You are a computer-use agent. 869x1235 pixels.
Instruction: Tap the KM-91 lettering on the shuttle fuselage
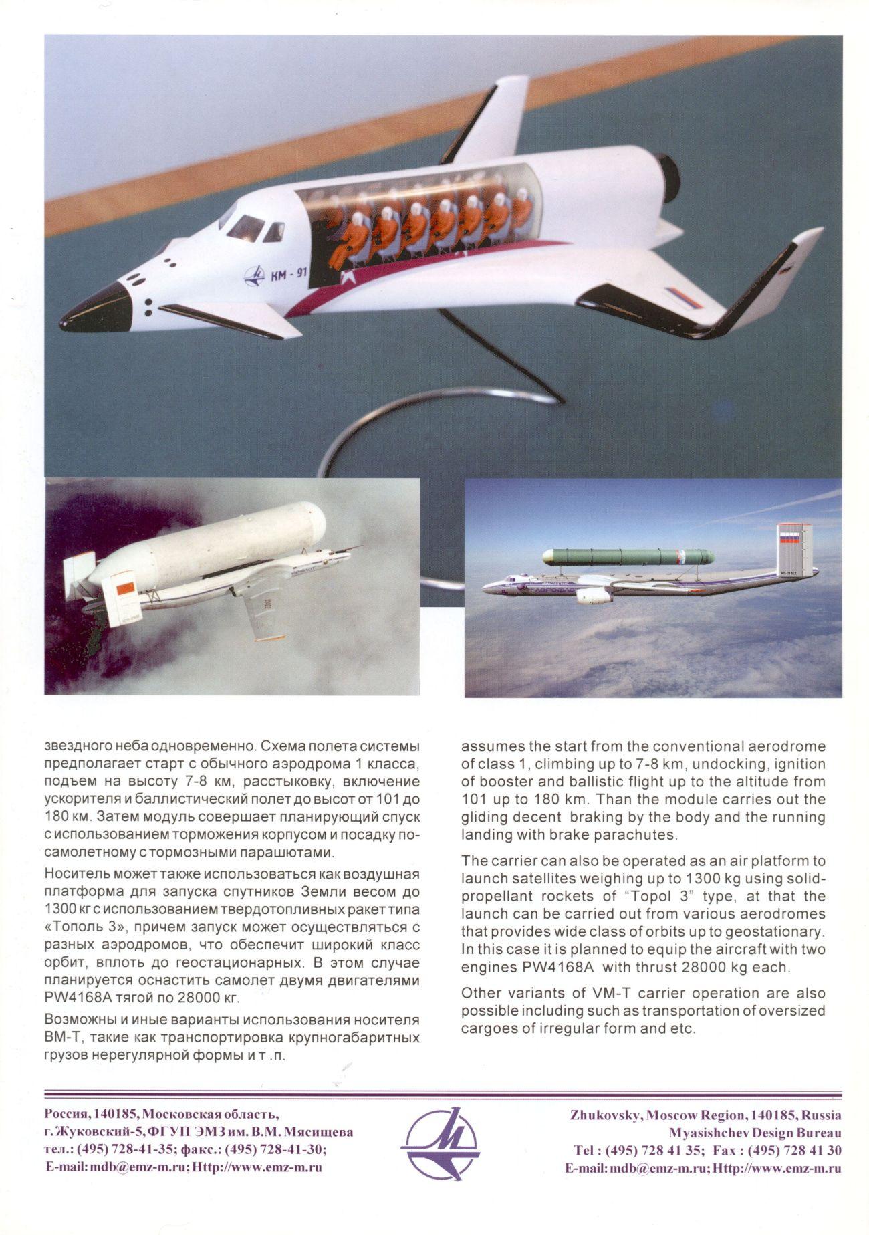pos(289,275)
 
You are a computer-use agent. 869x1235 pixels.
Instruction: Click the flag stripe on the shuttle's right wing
pos(684,298)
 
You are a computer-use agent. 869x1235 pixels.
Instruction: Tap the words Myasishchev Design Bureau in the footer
pos(755,1133)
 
